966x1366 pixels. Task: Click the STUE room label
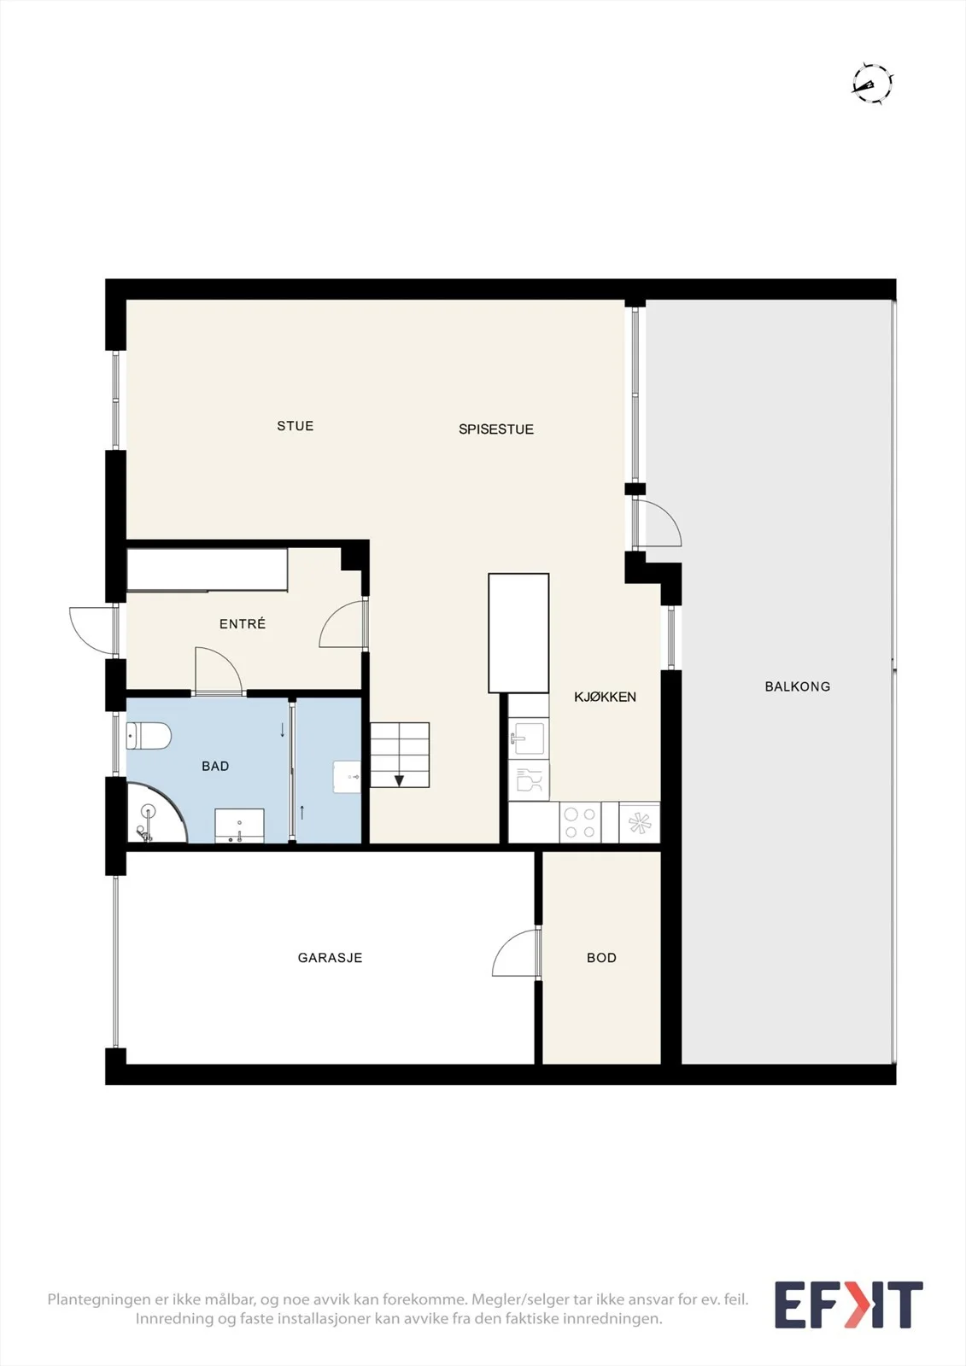coord(296,426)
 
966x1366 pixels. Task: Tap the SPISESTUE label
coord(496,429)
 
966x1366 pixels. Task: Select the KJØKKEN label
coord(605,697)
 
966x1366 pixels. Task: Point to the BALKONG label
coord(798,686)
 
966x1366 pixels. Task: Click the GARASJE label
coord(331,957)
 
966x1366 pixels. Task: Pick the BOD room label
coord(601,957)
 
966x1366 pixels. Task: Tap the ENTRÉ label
coord(243,623)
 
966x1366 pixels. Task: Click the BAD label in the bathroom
coord(215,766)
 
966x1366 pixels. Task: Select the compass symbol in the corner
coord(873,84)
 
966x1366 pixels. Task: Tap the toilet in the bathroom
coord(149,735)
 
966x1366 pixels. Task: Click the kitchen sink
coord(529,738)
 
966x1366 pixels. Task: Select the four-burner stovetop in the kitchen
coord(580,822)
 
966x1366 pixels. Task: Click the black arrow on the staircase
coord(399,780)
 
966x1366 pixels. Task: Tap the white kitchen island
coord(518,633)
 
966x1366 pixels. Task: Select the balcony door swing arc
coord(658,522)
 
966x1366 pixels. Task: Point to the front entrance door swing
coord(93,631)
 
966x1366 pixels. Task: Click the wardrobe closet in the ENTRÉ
coord(207,569)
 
